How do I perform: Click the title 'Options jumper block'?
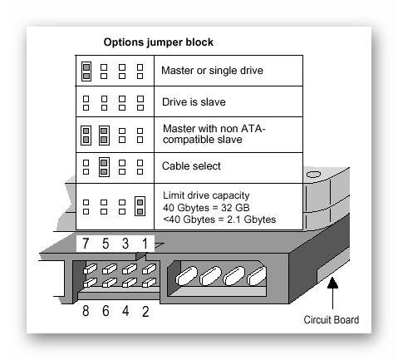coord(159,42)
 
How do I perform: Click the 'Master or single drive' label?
coord(212,71)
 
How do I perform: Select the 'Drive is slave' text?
coord(194,102)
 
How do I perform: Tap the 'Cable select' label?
coord(191,166)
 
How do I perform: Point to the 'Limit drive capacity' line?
coord(206,195)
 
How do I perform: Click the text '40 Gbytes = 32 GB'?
coord(206,208)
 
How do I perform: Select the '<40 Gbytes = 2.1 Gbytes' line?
coord(219,219)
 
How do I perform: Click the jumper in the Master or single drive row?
coord(86,72)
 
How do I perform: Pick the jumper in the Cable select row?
coord(104,167)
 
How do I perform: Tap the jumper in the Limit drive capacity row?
coord(140,206)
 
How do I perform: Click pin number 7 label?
coord(86,244)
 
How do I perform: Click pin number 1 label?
coord(145,244)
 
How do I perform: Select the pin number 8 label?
coord(86,311)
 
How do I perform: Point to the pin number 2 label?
coord(145,312)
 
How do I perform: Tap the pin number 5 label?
coord(106,244)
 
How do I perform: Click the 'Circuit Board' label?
coord(332,320)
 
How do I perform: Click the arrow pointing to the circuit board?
coord(332,293)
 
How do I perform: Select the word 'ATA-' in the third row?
coord(253,129)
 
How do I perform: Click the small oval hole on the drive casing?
coord(313,175)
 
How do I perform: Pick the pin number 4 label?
coord(125,311)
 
